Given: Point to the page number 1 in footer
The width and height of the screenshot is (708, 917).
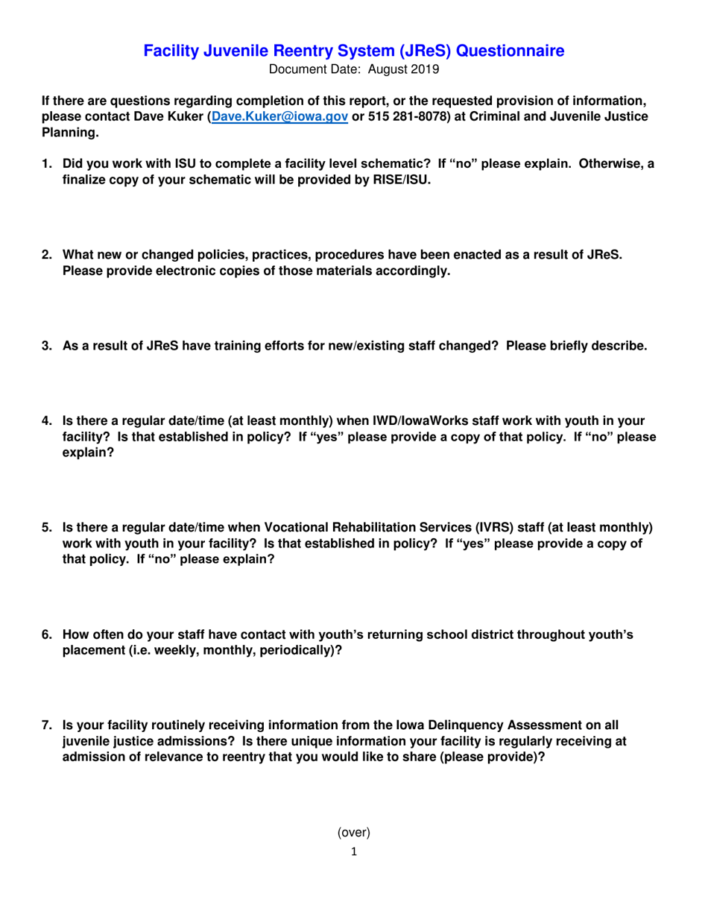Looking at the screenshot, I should (354, 851).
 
